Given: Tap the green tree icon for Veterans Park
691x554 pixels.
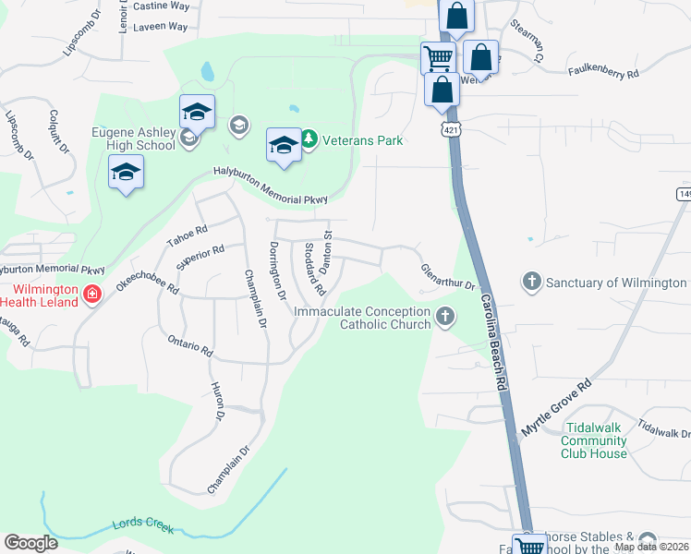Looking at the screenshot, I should [x=309, y=140].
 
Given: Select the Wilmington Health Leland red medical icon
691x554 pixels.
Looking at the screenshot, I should [x=91, y=295].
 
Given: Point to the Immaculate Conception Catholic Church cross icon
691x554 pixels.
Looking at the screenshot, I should [x=445, y=317].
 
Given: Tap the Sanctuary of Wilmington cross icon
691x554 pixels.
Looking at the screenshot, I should [x=531, y=281].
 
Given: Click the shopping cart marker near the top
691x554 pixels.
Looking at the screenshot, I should [x=437, y=58].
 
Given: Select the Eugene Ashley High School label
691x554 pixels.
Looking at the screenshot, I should [x=133, y=138].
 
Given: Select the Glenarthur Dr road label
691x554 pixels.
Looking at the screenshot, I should [x=447, y=277].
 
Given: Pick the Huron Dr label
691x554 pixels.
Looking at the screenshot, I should [x=219, y=403].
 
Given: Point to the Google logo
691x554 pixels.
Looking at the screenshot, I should [x=30, y=542].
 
